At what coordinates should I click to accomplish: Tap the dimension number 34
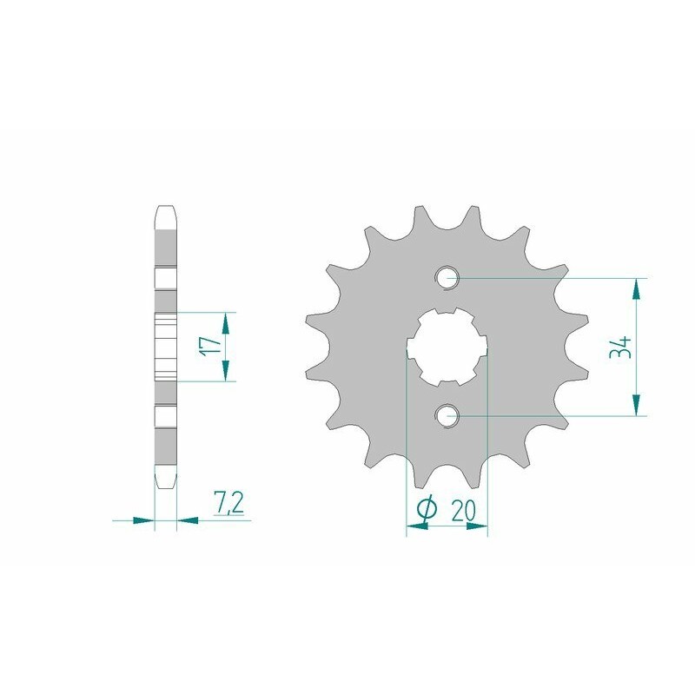click(x=619, y=347)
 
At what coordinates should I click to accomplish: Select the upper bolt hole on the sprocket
click(x=448, y=278)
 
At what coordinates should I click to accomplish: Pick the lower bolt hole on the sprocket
click(x=448, y=416)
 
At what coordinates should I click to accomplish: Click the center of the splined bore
click(x=448, y=347)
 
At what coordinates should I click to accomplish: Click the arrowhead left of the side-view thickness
click(x=143, y=520)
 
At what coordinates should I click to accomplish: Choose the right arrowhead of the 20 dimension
click(x=479, y=526)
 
